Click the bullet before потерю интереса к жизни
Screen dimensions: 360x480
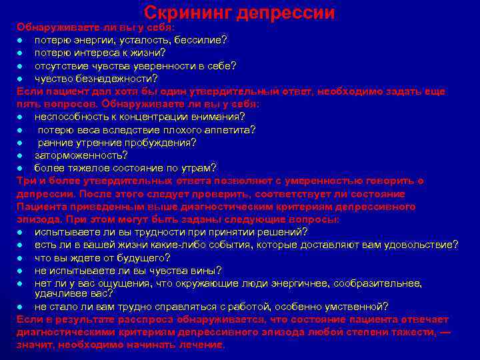21,53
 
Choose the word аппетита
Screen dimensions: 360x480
228,129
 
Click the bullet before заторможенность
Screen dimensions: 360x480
21,155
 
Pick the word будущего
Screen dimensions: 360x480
136,257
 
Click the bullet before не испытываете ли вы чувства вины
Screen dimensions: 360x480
21,271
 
